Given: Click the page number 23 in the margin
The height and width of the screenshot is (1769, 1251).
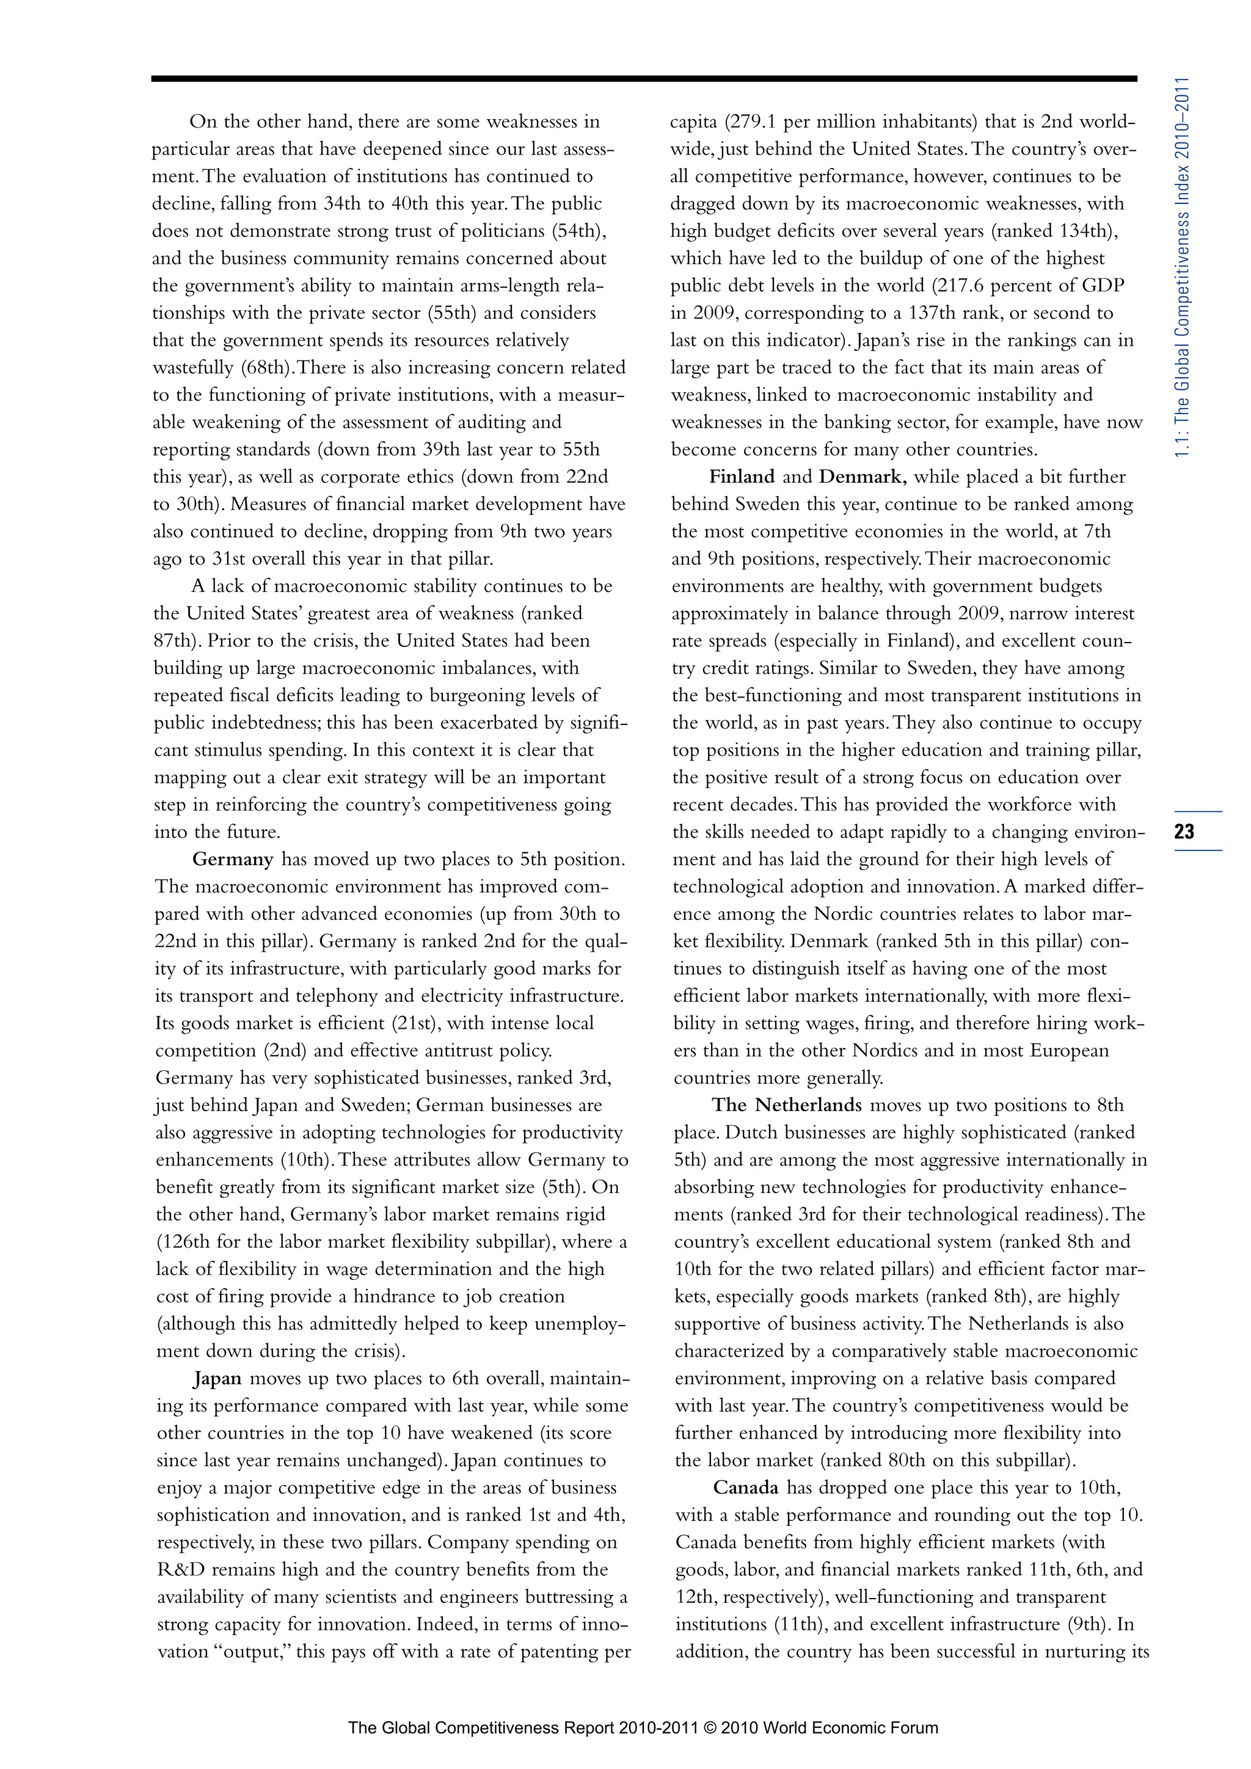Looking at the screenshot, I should click(x=1185, y=831).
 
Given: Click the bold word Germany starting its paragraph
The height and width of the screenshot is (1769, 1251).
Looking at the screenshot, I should click(x=233, y=859).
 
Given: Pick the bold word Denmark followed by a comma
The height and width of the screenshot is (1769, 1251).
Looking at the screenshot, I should click(x=863, y=477).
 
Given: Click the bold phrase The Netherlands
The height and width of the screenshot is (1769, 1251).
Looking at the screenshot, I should click(x=787, y=1105).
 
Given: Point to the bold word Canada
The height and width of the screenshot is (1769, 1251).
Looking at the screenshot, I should click(x=746, y=1488).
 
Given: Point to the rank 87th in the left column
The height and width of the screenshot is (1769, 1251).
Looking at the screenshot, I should click(x=174, y=641).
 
